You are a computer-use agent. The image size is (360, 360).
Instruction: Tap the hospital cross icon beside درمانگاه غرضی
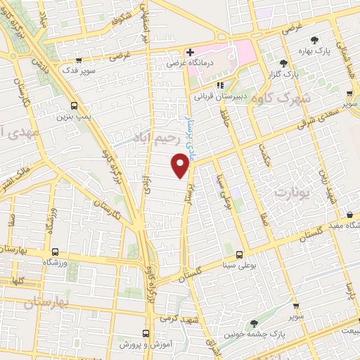[190, 52]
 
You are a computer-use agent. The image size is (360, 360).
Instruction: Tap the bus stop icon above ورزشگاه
[53, 251]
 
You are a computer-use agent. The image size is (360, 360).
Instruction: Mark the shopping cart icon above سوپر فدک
[79, 61]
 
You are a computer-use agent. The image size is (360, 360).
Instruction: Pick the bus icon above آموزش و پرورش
[146, 333]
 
